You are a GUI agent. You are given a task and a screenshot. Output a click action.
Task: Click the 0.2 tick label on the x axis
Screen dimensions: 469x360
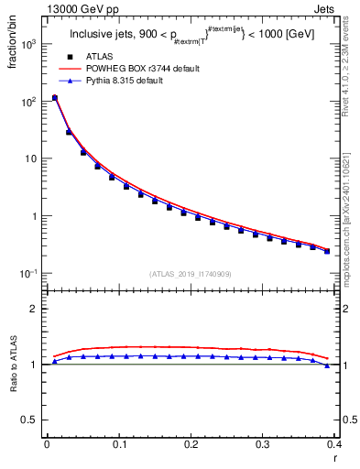[191, 444]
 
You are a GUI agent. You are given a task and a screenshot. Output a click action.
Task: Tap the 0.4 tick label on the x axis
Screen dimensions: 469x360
[335, 444]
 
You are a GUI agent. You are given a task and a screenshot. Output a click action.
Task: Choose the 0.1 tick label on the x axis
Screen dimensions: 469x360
[118, 444]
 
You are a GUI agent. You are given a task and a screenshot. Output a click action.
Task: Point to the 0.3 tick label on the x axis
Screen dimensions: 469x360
[263, 444]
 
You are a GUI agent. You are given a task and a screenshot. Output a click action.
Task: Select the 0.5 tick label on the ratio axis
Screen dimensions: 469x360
[29, 420]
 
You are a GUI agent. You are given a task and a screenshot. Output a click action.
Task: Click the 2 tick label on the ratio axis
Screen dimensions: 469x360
[35, 309]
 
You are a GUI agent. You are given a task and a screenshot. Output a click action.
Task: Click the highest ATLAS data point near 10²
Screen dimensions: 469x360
[55, 98]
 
